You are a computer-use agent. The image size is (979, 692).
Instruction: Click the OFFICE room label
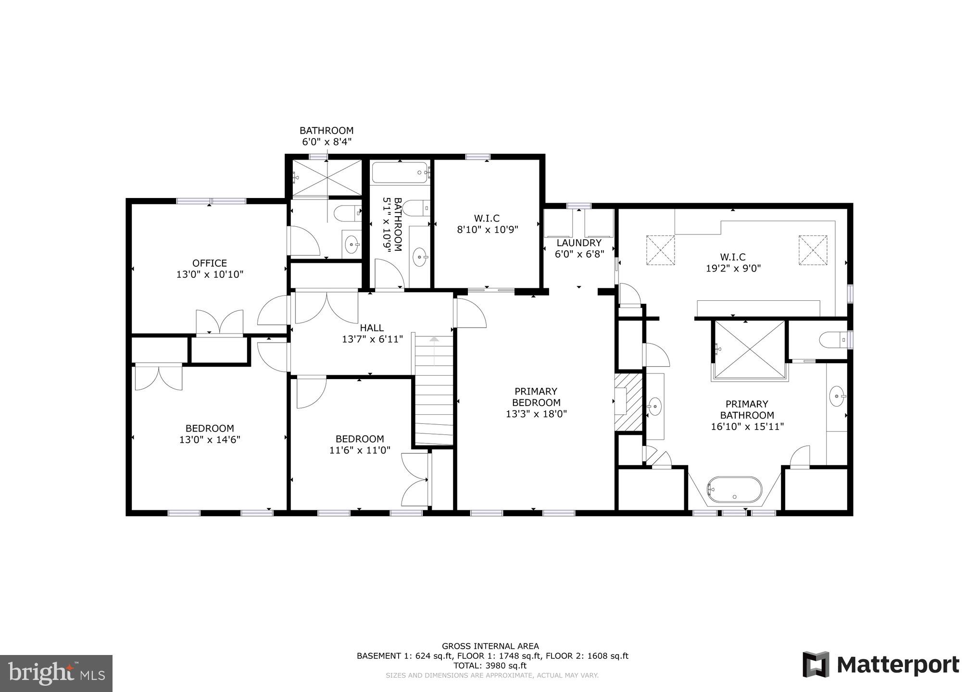210,263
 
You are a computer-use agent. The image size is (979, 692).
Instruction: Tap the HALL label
372,328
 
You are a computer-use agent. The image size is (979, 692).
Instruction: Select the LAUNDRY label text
579,243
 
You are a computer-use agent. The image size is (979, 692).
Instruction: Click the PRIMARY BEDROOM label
536,397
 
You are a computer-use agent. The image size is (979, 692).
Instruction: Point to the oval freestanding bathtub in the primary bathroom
734,490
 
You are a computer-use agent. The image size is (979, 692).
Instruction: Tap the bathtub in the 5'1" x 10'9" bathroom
400,173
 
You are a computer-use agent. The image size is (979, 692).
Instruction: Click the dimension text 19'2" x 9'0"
733,269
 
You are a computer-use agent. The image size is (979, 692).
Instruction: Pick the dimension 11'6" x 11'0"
360,450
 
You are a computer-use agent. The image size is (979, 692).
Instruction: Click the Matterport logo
881,665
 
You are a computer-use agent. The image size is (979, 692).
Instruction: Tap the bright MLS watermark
56,673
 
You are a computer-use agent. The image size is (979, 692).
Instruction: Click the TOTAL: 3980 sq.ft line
489,666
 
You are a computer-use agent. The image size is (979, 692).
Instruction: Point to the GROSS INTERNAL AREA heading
490,646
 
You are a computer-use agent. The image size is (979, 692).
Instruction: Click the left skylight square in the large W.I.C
660,249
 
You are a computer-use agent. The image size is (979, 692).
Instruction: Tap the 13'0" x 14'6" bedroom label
210,434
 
